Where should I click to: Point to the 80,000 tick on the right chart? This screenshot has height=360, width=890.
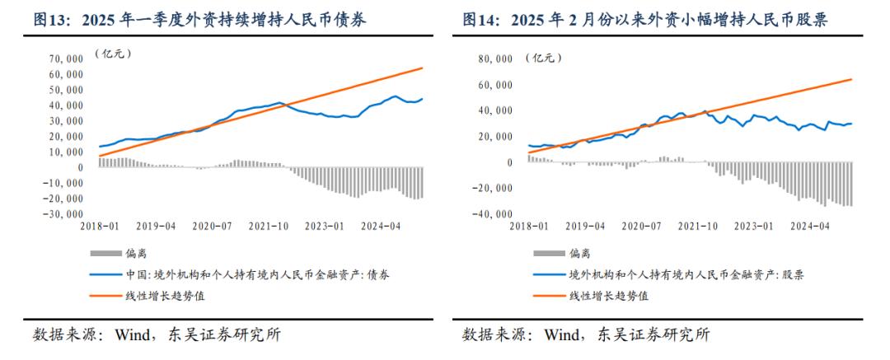point(492,59)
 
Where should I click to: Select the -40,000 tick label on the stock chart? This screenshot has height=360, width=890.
point(489,214)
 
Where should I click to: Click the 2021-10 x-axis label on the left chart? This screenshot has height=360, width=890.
point(269,225)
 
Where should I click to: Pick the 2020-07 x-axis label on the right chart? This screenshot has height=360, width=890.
point(643,225)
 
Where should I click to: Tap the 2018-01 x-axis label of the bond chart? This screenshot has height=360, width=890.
point(99,225)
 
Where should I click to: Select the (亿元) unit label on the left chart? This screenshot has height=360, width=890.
point(111,54)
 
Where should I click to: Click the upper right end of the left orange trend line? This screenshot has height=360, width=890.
point(423,68)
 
